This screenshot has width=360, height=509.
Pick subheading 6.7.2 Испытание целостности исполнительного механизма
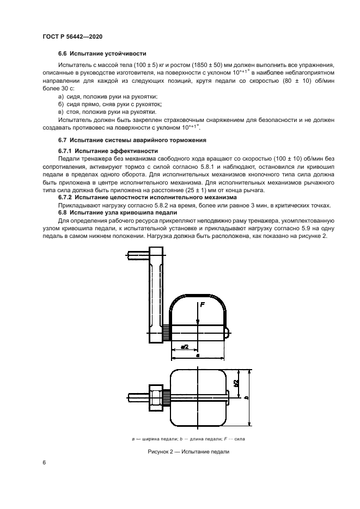click(x=148, y=198)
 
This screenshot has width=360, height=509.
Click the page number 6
click(x=44, y=463)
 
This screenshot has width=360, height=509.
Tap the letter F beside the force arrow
click(x=203, y=305)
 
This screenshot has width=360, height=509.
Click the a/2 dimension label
click(x=185, y=346)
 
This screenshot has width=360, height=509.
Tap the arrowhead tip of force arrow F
click(x=197, y=324)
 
